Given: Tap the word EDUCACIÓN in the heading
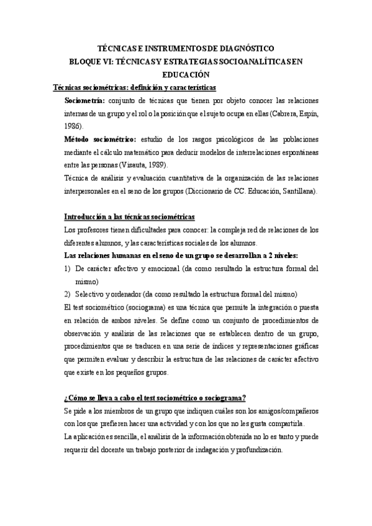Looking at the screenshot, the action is click(x=186, y=74).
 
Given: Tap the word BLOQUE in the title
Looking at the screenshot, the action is click(x=84, y=61).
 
